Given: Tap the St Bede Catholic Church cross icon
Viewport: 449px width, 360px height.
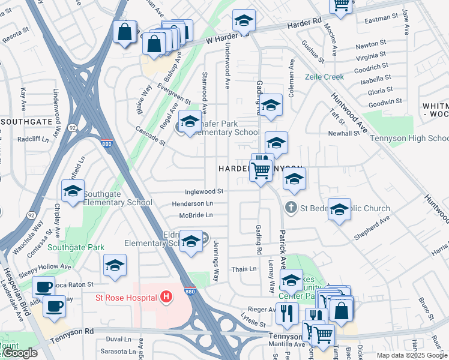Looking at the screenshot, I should pyautogui.click(x=291, y=208).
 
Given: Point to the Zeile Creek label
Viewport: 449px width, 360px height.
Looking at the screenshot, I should pyautogui.click(x=324, y=77).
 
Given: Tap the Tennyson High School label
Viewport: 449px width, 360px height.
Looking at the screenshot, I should pyautogui.click(x=409, y=139).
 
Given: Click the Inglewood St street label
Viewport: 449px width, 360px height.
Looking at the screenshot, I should pyautogui.click(x=203, y=191).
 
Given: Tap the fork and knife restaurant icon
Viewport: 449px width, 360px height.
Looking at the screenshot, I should pyautogui.click(x=288, y=313).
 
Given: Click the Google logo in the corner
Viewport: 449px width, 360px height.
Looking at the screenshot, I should pyautogui.click(x=19, y=353).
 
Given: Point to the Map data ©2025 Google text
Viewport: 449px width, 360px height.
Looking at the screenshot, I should pyautogui.click(x=411, y=355).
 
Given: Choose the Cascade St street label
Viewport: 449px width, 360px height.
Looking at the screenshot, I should pyautogui.click(x=150, y=136).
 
